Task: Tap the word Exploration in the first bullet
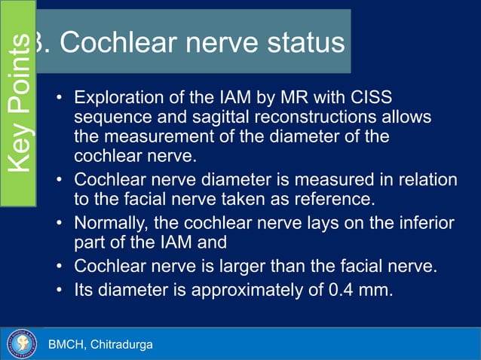pos(116,100)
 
